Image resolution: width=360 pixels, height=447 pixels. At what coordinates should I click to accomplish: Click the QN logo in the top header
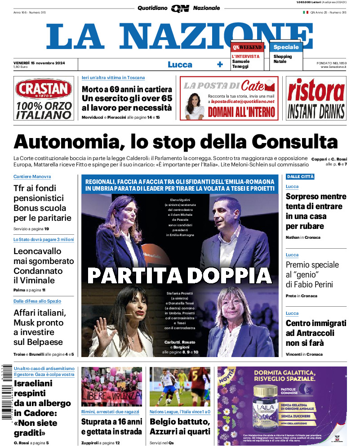coord(180,8)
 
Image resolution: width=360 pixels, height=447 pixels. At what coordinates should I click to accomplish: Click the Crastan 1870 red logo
coord(44,89)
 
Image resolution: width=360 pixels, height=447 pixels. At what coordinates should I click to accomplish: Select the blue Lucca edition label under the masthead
coord(180,64)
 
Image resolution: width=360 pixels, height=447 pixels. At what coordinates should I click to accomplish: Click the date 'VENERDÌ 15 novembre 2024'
coord(40,63)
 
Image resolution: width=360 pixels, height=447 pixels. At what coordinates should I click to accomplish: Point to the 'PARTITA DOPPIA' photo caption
coord(179,275)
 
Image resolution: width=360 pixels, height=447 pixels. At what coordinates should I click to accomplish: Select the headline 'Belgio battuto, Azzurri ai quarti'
coord(179,427)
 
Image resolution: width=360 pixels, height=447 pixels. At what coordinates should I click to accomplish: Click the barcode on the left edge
coord(6,391)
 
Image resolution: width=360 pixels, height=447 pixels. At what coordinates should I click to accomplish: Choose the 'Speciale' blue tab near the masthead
coord(286,47)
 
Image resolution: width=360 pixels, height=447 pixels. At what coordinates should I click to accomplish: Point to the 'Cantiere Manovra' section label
coord(32,177)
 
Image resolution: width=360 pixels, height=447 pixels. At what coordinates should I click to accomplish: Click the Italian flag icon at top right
coord(306,13)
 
